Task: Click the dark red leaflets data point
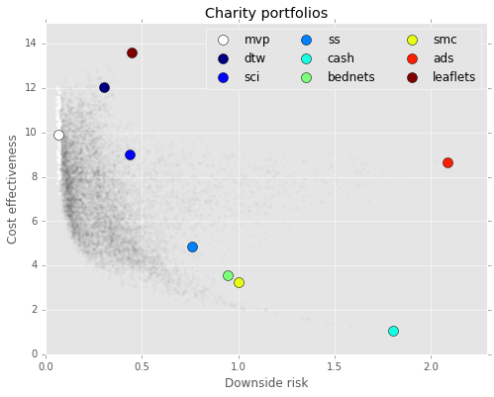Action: (132, 52)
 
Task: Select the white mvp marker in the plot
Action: (58, 136)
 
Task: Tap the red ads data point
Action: (447, 162)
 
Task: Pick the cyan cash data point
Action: (393, 331)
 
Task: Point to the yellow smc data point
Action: (239, 283)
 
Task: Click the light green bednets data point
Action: (228, 275)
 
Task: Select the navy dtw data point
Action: (104, 88)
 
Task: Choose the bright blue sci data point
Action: (130, 154)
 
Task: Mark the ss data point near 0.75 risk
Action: (192, 247)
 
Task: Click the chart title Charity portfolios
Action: (266, 13)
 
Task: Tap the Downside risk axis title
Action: (266, 383)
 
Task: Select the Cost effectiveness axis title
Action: (12, 189)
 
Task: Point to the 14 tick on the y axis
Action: (31, 44)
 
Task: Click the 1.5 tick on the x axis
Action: (335, 366)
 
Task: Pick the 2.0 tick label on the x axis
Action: (431, 366)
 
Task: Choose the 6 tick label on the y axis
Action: (35, 221)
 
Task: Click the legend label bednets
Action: (350, 77)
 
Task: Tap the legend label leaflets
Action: (453, 77)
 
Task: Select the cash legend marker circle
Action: (307, 58)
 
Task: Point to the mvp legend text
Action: (256, 41)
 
